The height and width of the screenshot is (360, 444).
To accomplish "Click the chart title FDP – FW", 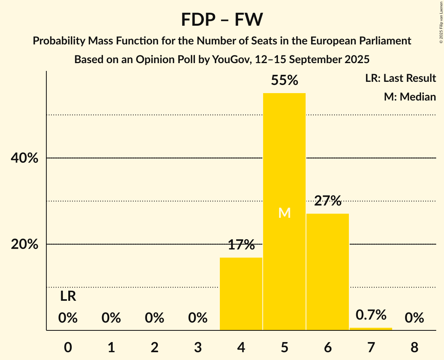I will click(x=222, y=19).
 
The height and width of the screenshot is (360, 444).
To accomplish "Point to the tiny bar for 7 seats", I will click(x=371, y=329).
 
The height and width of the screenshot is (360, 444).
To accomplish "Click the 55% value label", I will click(x=284, y=80).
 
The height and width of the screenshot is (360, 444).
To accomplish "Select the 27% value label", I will click(x=327, y=201).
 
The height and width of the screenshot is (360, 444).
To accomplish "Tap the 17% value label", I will click(x=241, y=245).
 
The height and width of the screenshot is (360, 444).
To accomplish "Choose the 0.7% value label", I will click(x=371, y=314).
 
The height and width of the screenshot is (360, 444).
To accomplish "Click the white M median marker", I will click(x=285, y=213).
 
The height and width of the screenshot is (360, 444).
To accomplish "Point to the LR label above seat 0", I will click(x=68, y=297).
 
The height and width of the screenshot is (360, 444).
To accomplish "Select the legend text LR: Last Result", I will click(x=400, y=78).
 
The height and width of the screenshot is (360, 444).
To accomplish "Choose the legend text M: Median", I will click(x=410, y=97).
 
